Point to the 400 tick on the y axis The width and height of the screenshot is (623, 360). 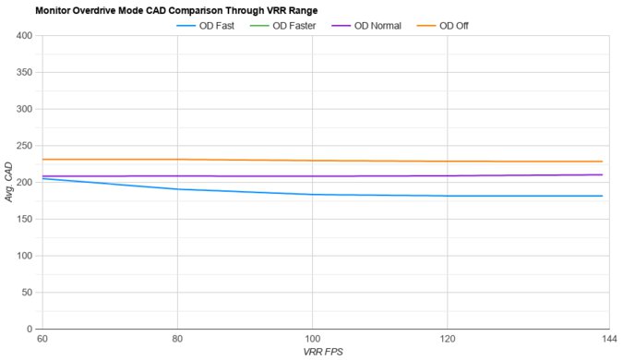click(24, 36)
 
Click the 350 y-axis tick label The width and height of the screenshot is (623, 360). click(24, 73)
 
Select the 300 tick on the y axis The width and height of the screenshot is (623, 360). click(24, 109)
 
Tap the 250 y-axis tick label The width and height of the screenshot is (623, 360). click(24, 146)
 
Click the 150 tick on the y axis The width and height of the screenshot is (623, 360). click(24, 219)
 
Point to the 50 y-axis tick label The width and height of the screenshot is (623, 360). click(27, 292)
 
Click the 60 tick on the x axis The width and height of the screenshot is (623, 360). click(42, 339)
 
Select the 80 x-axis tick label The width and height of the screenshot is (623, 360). click(177, 339)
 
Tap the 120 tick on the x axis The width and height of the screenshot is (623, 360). click(448, 339)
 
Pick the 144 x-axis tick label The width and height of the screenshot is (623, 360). click(602, 339)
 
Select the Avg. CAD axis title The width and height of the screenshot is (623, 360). click(8, 182)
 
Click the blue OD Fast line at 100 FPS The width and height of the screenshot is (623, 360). click(313, 195)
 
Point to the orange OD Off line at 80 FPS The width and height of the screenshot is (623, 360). click(177, 160)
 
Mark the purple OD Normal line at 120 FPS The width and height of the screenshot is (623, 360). click(448, 176)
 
